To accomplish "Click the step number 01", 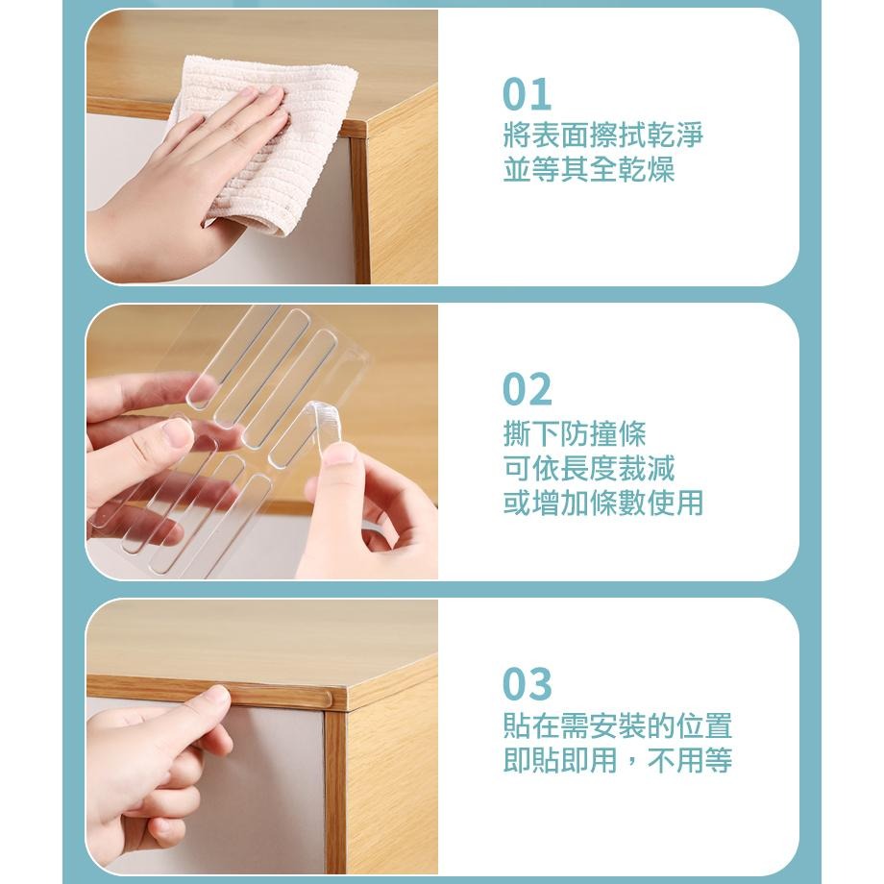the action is coord(527,94).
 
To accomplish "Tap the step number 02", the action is coord(527,389).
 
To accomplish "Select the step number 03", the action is coord(527,684).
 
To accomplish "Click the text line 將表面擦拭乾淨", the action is coord(602,135).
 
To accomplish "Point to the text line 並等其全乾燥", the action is coord(589,170).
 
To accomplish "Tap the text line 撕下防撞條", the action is coord(574,433).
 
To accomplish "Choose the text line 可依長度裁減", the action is coord(589,468).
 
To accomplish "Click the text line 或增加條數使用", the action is coord(602,503).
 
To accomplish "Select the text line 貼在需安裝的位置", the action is coord(617,725).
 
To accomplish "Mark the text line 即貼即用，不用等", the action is coord(617,760).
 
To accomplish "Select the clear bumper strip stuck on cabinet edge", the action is coord(271,697).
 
